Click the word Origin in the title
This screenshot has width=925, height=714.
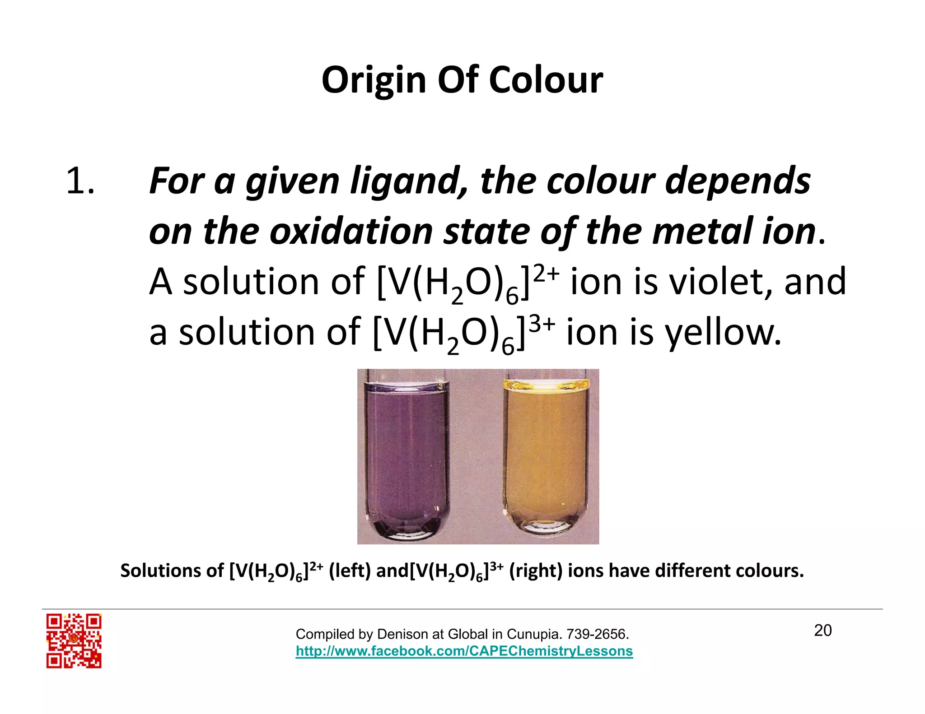pos(374,81)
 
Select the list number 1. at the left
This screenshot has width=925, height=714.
pos(80,181)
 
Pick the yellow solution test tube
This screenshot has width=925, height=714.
pos(546,456)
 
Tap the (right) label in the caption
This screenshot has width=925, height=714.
pos(536,571)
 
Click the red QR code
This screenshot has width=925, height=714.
pos(74,640)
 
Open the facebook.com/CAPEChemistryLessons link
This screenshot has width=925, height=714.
pos(464,651)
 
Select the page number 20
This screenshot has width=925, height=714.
pos(823,631)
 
